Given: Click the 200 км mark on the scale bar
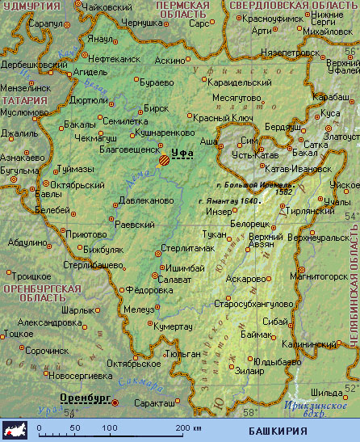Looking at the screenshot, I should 184,427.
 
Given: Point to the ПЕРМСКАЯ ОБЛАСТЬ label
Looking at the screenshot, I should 182,10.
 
